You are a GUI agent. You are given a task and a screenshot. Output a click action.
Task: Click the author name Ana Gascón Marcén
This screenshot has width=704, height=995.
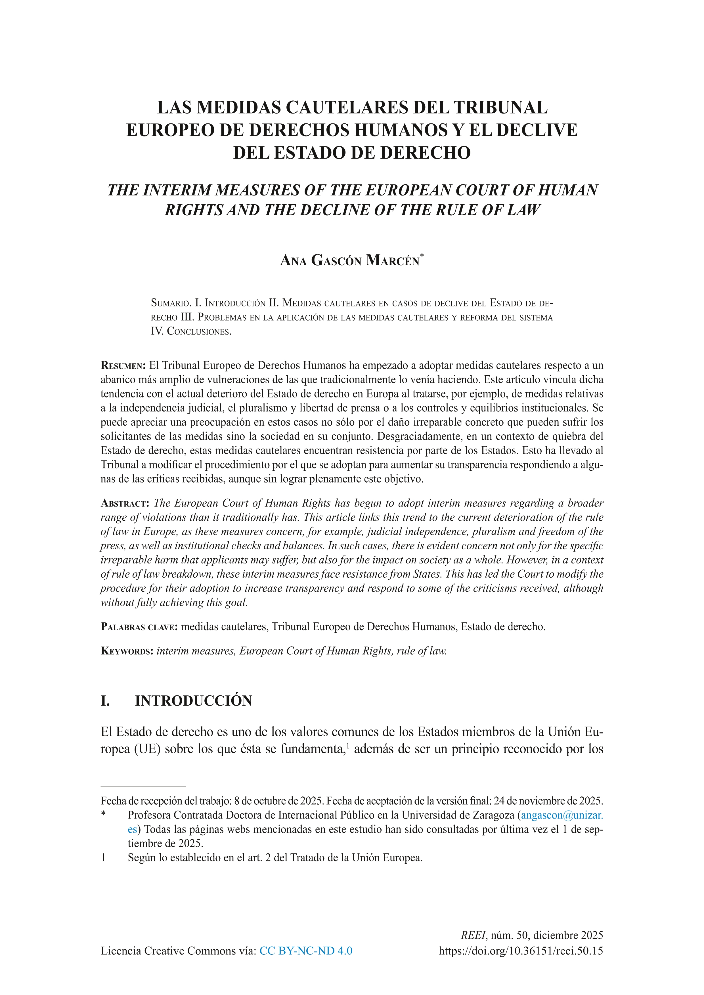coord(349,260)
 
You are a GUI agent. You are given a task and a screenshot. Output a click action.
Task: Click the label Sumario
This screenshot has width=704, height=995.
coord(170,302)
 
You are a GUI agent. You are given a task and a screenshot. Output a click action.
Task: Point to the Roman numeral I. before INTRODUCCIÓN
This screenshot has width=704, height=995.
coord(105,701)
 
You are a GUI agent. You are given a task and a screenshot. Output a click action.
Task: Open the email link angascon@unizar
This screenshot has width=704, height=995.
coord(561,815)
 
